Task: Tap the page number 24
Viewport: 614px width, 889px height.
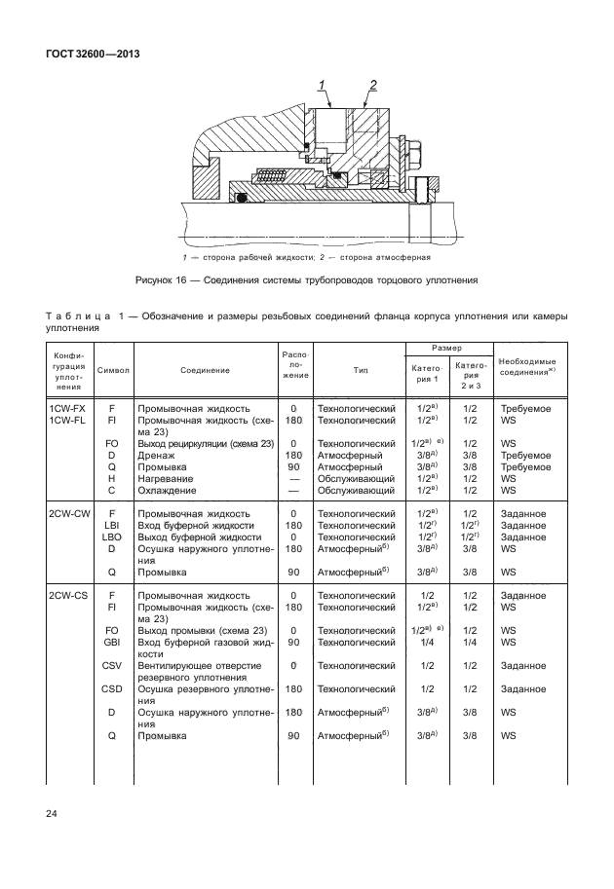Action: tap(50, 812)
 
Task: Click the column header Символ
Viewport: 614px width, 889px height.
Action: tap(113, 370)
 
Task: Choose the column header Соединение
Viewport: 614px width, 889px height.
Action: tap(205, 370)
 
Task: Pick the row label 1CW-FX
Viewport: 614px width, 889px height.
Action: tap(67, 408)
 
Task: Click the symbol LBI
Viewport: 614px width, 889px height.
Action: tap(111, 525)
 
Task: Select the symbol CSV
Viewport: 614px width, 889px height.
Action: tap(111, 666)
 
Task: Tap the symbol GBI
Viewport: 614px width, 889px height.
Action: tap(111, 643)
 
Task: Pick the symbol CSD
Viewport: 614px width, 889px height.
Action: tap(111, 689)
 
